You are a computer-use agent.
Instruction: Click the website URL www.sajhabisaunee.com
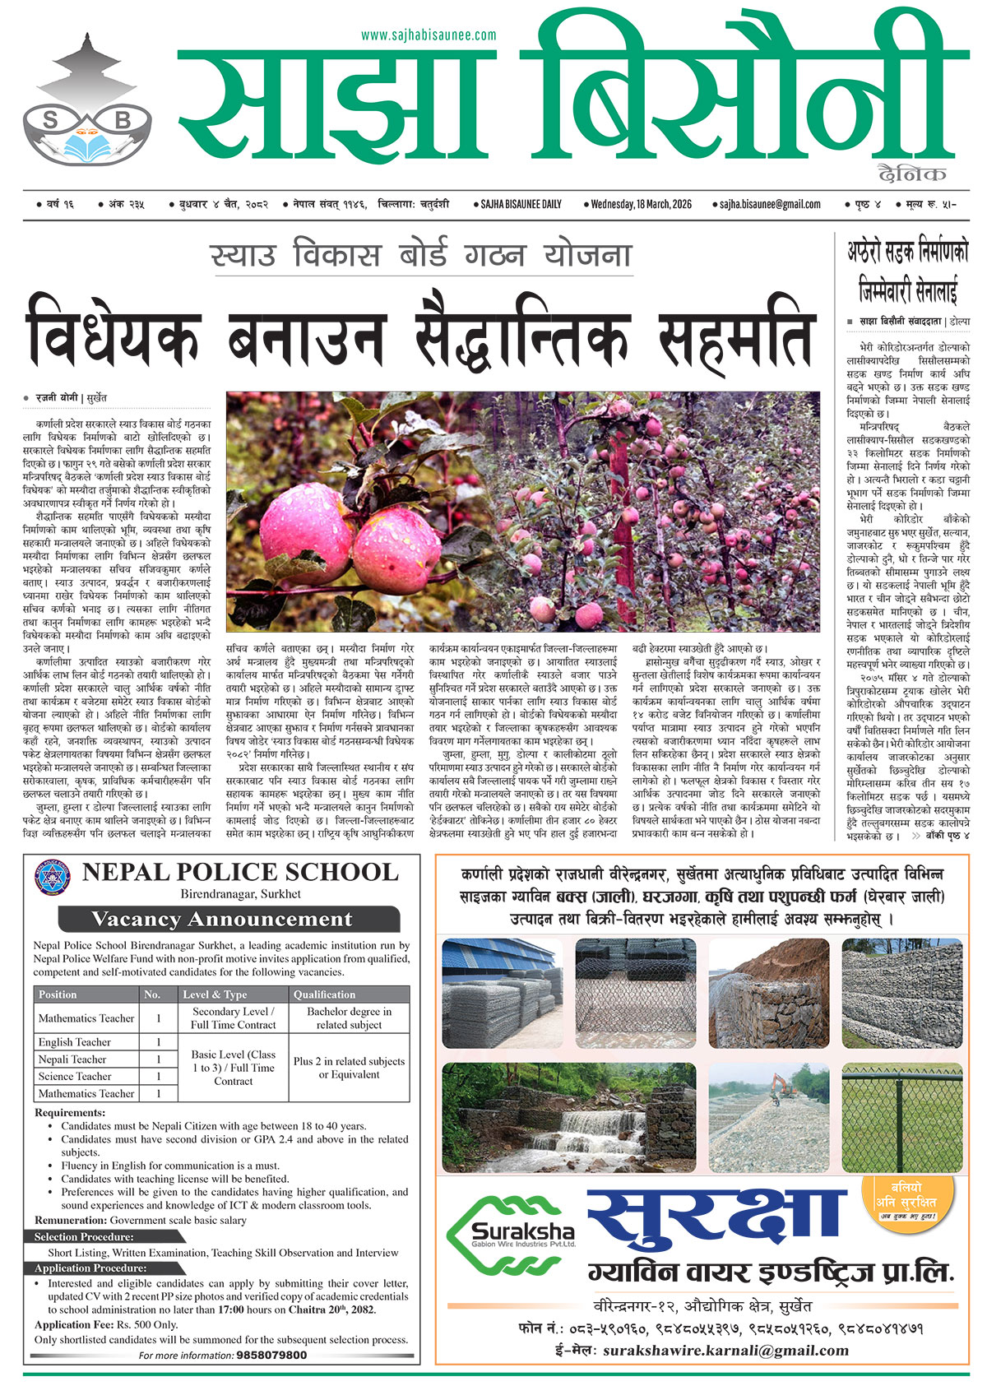429,35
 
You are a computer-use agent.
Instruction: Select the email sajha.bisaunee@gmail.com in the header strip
770,204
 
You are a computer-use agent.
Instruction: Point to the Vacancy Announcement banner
228,919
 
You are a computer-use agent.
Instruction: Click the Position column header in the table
58,994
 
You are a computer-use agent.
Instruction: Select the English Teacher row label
74,1042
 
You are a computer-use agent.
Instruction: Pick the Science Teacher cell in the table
74,1076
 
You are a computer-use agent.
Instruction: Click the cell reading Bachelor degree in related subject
349,1018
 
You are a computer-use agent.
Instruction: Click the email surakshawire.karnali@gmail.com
725,1350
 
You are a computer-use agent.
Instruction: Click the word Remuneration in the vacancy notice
71,1221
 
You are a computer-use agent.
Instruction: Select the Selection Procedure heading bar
84,1237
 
